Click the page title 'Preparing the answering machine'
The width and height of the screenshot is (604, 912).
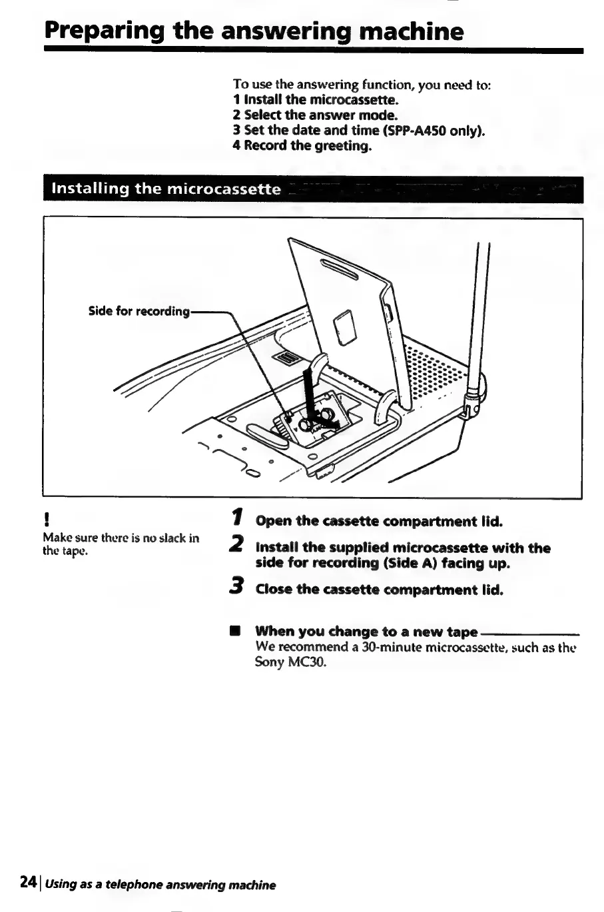(254, 31)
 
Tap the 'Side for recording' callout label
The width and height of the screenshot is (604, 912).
(139, 311)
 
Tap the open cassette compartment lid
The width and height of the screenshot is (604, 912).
(346, 300)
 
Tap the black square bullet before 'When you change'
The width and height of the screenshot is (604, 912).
(234, 631)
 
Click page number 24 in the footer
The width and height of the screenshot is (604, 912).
(27, 882)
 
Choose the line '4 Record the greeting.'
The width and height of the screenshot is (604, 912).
(302, 145)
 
